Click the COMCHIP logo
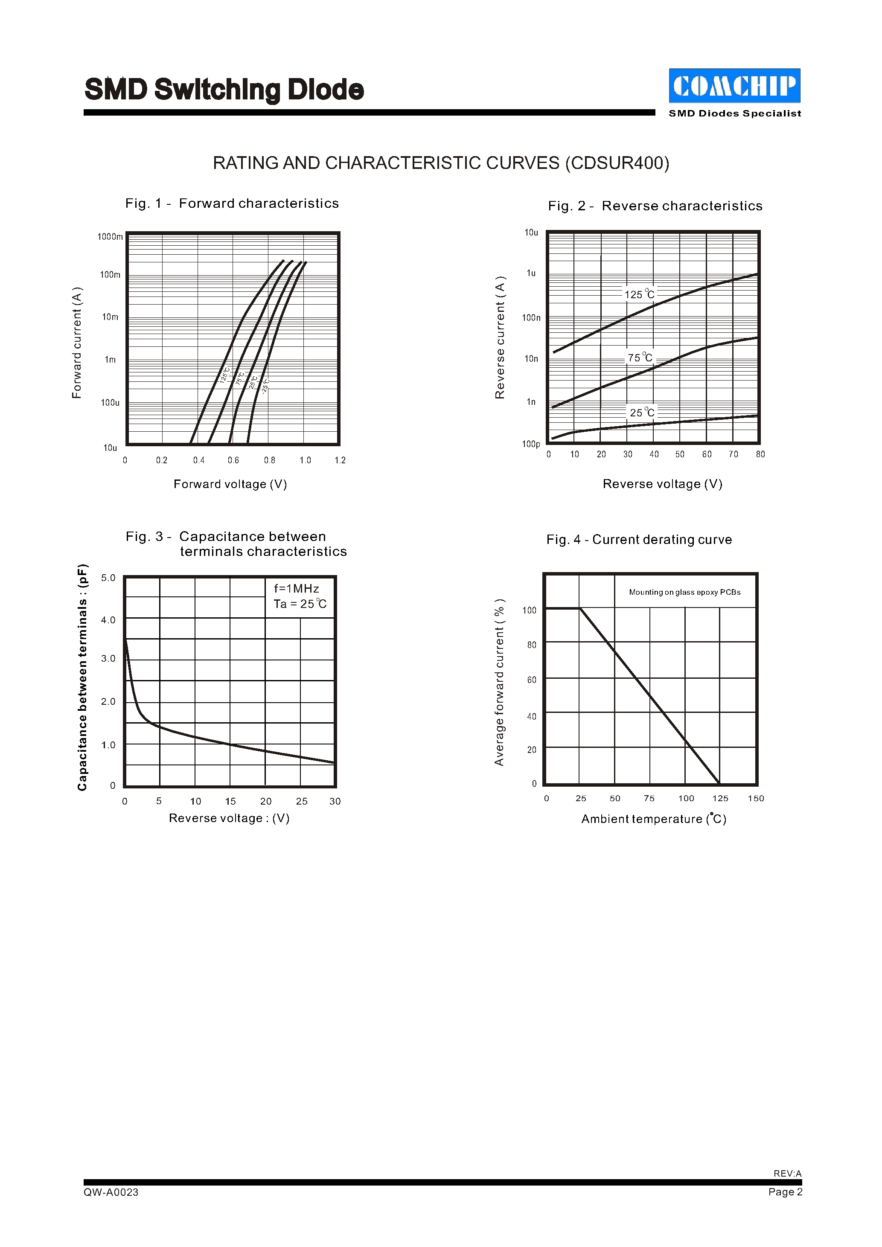coord(734,85)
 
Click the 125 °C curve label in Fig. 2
coord(639,294)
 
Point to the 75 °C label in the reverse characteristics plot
coord(640,358)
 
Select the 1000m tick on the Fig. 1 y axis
coord(110,237)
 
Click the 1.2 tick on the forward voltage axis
coord(340,460)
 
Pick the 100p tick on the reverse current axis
coord(531,444)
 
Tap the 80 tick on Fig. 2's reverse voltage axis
coord(760,454)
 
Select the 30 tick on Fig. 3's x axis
coord(335,801)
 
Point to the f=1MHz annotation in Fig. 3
coord(297,588)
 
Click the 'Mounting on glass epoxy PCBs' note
coord(685,592)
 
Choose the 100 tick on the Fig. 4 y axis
coord(530,610)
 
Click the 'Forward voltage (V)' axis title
coord(230,484)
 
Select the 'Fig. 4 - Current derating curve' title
coord(639,539)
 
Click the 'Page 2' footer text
coord(785,1192)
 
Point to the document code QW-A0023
coord(111,1192)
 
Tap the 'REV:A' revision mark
coord(788,1173)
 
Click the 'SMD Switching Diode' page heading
coord(224,90)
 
